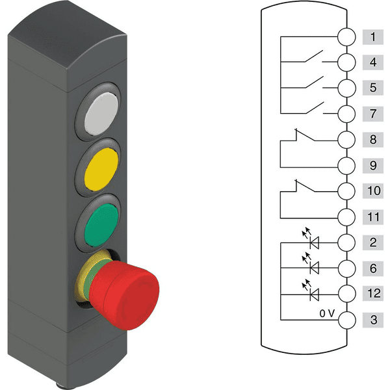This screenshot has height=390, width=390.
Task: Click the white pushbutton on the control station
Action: click(x=101, y=114)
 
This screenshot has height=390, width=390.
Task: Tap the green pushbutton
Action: click(x=101, y=225)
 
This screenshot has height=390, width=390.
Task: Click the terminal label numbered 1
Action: click(x=373, y=37)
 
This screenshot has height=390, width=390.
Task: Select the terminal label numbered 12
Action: click(x=373, y=293)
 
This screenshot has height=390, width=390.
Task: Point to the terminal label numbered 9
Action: click(x=373, y=165)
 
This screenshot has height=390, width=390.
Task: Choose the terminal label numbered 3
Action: click(x=373, y=320)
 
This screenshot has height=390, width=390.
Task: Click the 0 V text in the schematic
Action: click(x=327, y=313)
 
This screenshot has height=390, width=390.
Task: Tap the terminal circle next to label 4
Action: click(x=346, y=62)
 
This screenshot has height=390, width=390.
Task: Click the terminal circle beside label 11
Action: click(x=346, y=217)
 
